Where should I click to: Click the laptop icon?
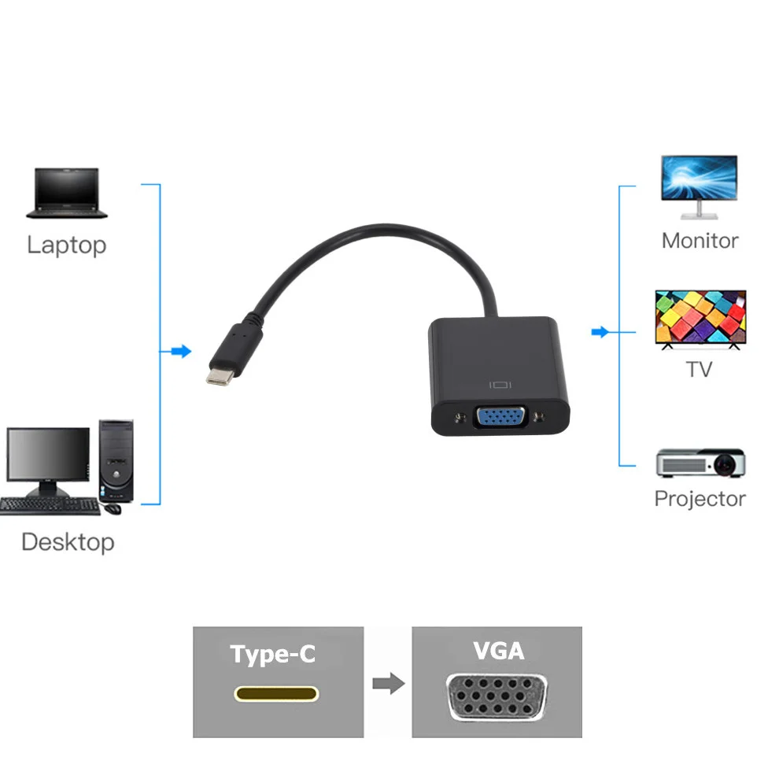[x=66, y=192]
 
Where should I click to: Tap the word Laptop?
[x=66, y=245]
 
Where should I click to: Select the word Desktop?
[x=68, y=541]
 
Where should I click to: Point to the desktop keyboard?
[x=50, y=506]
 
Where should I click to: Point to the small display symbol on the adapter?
[x=500, y=386]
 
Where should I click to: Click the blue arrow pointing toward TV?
[x=600, y=332]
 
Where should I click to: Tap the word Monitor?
[x=700, y=240]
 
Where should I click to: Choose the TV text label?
[x=699, y=368]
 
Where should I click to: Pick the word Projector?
[x=700, y=498]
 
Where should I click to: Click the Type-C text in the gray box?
[x=272, y=654]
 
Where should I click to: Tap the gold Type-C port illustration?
[x=276, y=694]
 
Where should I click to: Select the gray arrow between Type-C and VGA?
[x=388, y=682]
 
